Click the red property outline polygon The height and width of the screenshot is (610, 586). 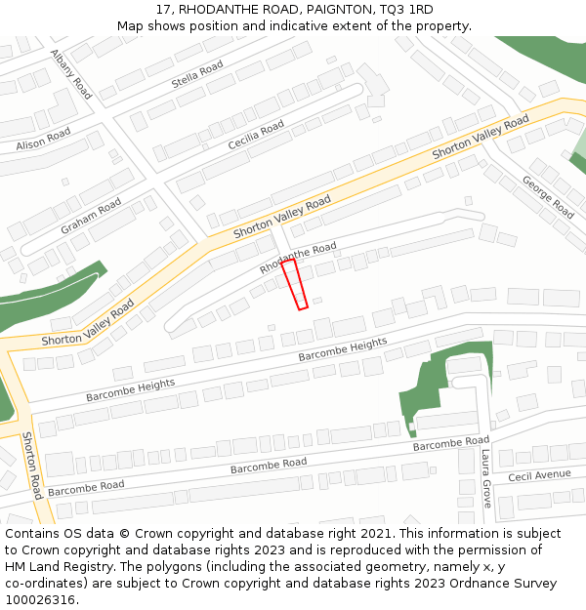click(295, 284)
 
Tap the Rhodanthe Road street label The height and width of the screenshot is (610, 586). click(298, 258)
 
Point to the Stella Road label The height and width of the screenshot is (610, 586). click(197, 75)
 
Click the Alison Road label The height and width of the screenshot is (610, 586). click(43, 140)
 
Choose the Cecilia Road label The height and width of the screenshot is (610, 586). click(256, 135)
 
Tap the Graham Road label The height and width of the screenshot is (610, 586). click(91, 216)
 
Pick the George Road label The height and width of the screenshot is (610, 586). click(548, 196)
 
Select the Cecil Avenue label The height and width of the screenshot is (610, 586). click(539, 475)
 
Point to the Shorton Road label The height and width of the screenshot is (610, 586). click(31, 466)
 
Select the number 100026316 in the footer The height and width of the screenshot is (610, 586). click(40, 599)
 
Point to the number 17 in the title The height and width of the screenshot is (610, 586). click(163, 10)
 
